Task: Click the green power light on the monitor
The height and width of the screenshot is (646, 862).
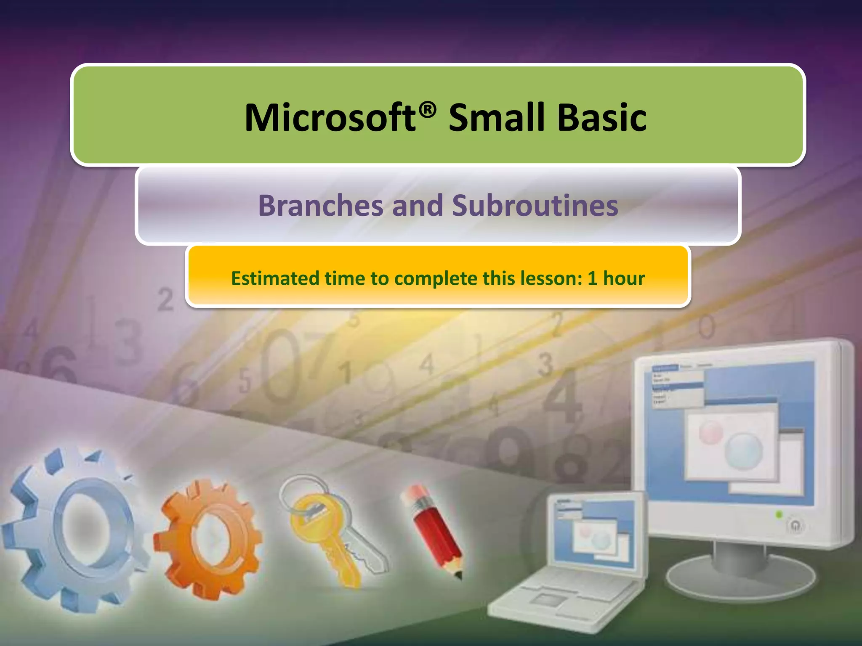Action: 779,514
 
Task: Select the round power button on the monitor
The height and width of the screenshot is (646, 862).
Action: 795,526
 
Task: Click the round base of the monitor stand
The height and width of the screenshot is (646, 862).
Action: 741,578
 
